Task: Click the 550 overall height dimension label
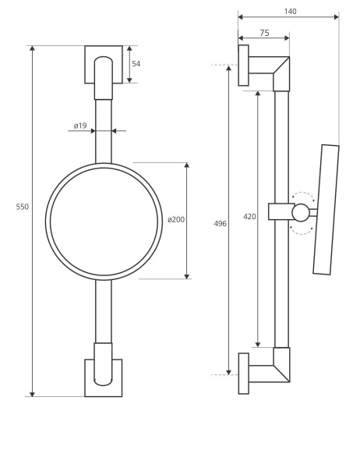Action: (x=23, y=207)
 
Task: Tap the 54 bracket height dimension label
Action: (x=136, y=64)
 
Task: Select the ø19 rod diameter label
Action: (x=80, y=126)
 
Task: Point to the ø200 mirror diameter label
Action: (x=176, y=220)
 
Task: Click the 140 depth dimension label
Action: (x=290, y=12)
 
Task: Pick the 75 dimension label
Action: (x=264, y=33)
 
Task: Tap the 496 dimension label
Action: (x=220, y=224)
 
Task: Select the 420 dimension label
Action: (x=249, y=217)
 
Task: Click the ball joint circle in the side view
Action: (x=301, y=213)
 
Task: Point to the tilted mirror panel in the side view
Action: (x=326, y=210)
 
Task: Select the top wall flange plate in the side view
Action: (x=243, y=66)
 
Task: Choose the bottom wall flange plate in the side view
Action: (x=243, y=374)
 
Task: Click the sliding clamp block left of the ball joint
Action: (x=281, y=211)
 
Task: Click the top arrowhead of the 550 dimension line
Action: (x=33, y=48)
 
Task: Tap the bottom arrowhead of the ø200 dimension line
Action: (x=187, y=276)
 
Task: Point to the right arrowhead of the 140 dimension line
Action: (x=336, y=17)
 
